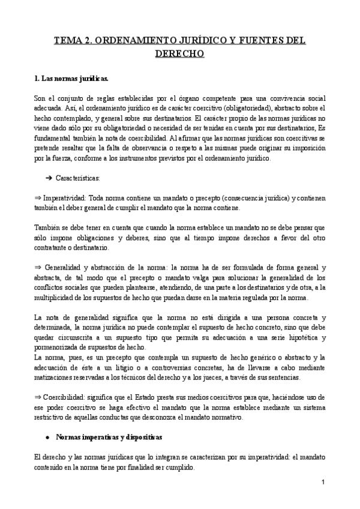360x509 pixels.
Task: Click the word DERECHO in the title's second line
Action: [180, 54]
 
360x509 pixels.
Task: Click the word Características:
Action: [78, 178]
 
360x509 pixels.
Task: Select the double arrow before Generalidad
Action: [37, 267]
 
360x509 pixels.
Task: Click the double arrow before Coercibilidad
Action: [37, 398]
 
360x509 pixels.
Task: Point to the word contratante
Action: [53, 247]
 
